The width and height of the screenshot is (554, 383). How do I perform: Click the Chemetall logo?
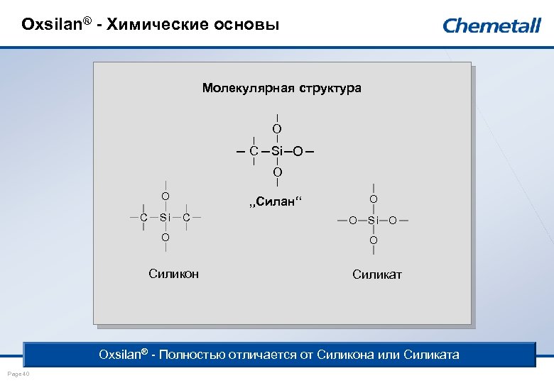pyautogui.click(x=491, y=26)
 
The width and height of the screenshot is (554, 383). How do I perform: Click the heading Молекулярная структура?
pyautogui.click(x=281, y=89)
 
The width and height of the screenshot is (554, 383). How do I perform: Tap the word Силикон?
pyautogui.click(x=174, y=274)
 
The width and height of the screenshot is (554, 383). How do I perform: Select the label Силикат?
pyautogui.click(x=377, y=274)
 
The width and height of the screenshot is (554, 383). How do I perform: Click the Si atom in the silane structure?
pyautogui.click(x=277, y=151)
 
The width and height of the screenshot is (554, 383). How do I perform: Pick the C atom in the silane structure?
pyautogui.click(x=254, y=151)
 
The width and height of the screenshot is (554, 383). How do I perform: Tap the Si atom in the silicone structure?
pyautogui.click(x=165, y=216)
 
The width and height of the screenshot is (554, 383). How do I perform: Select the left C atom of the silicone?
pyautogui.click(x=143, y=216)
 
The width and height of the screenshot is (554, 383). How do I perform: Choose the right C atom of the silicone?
pyautogui.click(x=186, y=216)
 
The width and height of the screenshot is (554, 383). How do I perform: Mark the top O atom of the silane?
pyautogui.click(x=277, y=129)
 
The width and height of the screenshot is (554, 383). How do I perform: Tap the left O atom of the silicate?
pyautogui.click(x=353, y=221)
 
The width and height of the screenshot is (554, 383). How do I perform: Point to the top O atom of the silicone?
pyautogui.click(x=165, y=196)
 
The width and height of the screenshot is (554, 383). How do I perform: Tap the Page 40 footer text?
pyautogui.click(x=17, y=373)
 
